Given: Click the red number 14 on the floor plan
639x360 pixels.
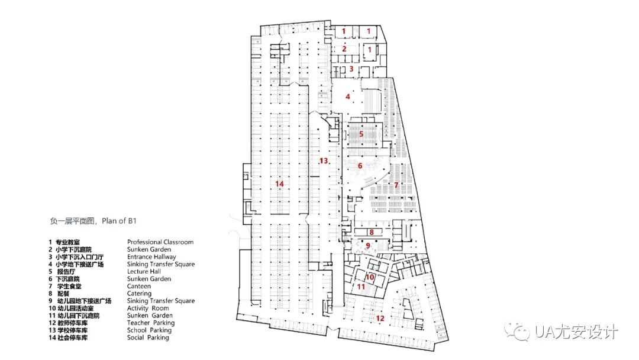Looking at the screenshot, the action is click(280, 184).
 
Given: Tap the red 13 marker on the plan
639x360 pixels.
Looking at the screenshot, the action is click(324, 161).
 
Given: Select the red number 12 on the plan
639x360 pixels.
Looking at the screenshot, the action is click(380, 318).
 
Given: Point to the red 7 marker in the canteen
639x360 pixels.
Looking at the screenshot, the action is click(396, 185).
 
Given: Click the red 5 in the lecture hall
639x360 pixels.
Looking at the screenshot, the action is click(361, 134).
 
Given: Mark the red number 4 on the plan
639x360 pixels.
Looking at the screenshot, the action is click(348, 96).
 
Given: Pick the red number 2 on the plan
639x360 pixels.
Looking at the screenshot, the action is click(344, 49).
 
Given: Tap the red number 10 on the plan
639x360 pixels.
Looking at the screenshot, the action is click(370, 277).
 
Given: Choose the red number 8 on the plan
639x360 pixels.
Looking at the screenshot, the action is click(372, 232).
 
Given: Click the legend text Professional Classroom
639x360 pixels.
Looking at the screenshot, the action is click(160, 242).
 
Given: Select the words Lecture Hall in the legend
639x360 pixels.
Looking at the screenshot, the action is click(144, 271).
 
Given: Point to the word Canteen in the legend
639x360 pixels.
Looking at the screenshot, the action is click(139, 286).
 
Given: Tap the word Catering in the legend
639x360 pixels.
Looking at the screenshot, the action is click(139, 294).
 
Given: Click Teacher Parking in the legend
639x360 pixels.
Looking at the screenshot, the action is click(151, 323).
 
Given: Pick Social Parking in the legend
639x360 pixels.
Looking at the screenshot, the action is click(148, 337).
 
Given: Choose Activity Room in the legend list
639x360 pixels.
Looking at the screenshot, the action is click(148, 308).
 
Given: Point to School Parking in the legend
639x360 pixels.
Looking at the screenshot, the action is click(149, 330).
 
